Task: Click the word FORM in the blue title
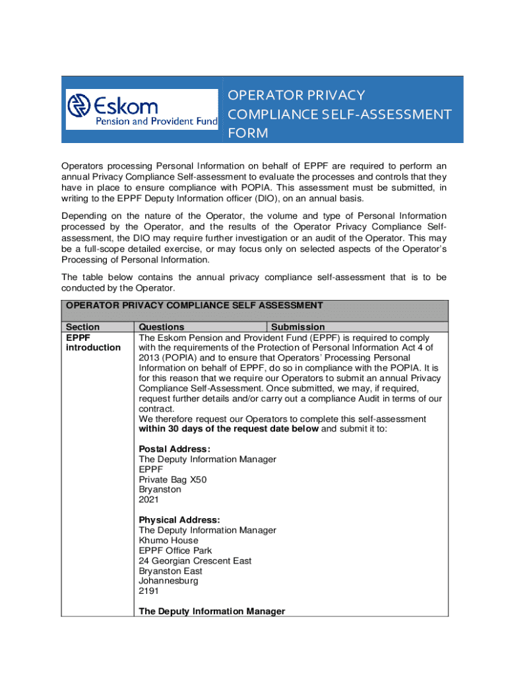coord(248,134)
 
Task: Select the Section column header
coord(83,327)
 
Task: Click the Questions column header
coord(162,327)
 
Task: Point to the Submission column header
coord(298,327)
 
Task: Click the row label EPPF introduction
coord(93,342)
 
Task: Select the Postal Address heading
coord(175,449)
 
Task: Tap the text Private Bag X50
coord(172,479)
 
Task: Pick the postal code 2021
coord(149,500)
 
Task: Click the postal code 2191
coord(149,591)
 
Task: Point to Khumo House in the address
coord(168,541)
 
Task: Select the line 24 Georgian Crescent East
coord(195,561)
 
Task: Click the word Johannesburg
coord(168,581)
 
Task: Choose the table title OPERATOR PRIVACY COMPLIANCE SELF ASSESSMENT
coord(194,305)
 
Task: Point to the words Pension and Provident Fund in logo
coord(157,121)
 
